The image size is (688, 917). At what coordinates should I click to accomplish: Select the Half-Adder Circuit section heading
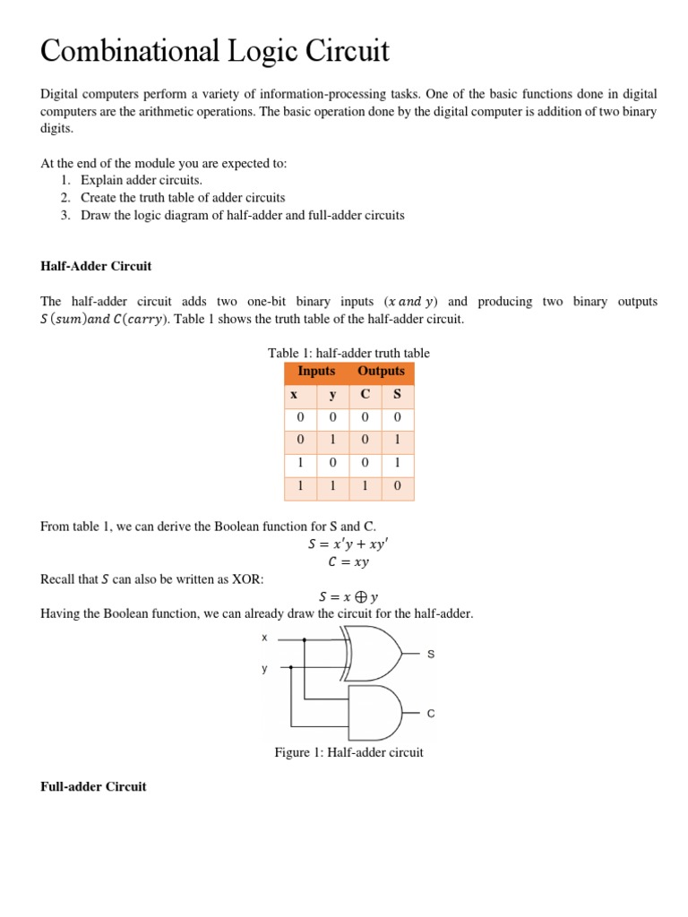(96, 266)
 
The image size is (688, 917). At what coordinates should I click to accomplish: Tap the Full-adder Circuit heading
(93, 786)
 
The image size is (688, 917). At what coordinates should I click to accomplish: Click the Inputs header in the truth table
(316, 372)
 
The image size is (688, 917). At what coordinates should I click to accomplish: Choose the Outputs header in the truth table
(381, 372)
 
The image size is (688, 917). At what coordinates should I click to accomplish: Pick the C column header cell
(365, 395)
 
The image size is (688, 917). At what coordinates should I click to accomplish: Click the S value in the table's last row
(397, 488)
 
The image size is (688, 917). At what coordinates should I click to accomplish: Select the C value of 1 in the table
(365, 488)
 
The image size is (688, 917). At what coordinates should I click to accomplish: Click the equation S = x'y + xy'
(349, 544)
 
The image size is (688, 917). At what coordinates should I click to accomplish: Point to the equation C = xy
(349, 562)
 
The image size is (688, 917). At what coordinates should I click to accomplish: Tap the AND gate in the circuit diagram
(374, 712)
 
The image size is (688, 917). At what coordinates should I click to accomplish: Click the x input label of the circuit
(264, 638)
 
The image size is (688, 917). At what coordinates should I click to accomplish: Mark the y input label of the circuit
(264, 668)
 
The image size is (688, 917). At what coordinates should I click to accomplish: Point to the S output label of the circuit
(430, 655)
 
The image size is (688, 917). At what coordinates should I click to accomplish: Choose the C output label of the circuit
(430, 714)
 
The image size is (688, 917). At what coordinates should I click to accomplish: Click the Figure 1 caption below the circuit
(348, 752)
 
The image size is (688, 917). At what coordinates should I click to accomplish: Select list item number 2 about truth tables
(183, 197)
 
